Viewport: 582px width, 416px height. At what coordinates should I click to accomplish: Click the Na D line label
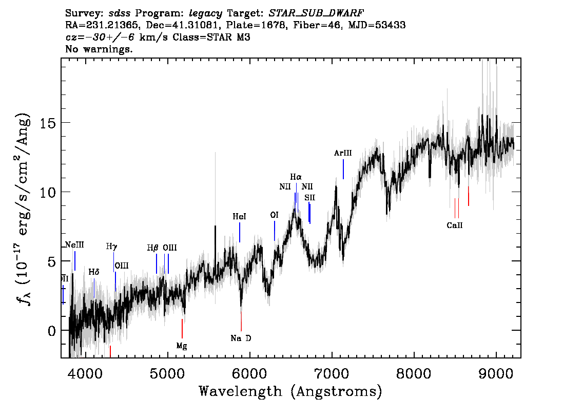point(241,338)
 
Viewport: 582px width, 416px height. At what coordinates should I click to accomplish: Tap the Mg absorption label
point(182,346)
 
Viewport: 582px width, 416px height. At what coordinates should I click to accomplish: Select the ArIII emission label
point(343,153)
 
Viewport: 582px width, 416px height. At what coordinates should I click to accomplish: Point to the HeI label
point(239,217)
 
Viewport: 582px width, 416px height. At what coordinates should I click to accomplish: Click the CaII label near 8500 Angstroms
point(455,225)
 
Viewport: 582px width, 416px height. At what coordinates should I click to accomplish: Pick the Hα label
point(296,177)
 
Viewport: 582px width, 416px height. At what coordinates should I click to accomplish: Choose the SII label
point(309,197)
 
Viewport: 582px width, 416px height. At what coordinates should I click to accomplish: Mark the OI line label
point(274,215)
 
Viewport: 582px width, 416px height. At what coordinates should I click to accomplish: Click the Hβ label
point(153,248)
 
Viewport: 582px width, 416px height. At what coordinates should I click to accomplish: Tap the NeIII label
point(74,245)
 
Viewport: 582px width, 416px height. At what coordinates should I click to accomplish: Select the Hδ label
point(93,272)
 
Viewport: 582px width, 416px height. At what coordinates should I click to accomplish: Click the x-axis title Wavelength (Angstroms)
point(290,391)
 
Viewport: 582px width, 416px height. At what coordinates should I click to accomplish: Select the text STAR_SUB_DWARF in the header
point(316,12)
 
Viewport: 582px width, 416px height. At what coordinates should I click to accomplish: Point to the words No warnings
point(99,49)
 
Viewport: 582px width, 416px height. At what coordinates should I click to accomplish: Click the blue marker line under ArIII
point(343,169)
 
